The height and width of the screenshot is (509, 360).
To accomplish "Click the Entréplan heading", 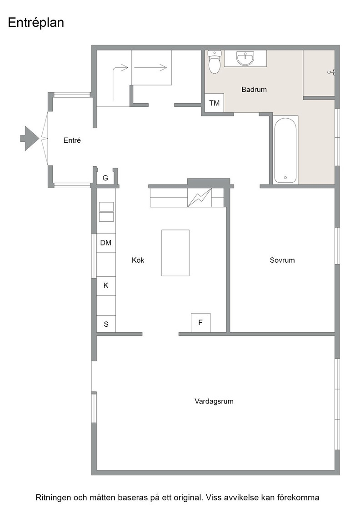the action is coord(36,23).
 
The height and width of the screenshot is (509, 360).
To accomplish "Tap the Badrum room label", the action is coord(254,89).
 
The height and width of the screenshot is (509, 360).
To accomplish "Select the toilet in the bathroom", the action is coord(214,62).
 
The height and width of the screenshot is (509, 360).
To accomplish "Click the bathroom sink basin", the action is coord(245,59).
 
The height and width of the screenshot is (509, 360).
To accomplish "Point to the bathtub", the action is coord(285,150).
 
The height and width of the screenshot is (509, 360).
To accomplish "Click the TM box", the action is coord(214,103).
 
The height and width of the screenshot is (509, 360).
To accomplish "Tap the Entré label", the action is coord(72,140).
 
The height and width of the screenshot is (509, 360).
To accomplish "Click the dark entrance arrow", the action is coord(30,138).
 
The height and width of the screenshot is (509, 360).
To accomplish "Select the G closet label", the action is coord(105,178).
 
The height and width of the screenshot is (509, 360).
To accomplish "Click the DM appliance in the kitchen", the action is coord(106,243).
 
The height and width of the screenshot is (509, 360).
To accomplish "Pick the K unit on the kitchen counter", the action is coord(106,285).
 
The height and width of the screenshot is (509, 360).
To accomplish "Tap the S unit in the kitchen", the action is coord(106,324).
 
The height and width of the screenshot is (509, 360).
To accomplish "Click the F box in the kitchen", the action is coord(200,322).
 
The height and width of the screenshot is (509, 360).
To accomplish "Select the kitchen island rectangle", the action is coord(175,253).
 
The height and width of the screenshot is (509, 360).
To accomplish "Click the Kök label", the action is coord(138,260).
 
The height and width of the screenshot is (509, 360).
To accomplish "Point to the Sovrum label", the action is coord(282,260).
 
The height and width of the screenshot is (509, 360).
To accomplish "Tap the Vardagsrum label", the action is coord(214,401).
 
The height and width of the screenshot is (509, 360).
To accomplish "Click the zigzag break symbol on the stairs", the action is coord(199,197).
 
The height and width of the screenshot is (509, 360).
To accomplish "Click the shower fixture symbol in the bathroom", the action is coord(331,72).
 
